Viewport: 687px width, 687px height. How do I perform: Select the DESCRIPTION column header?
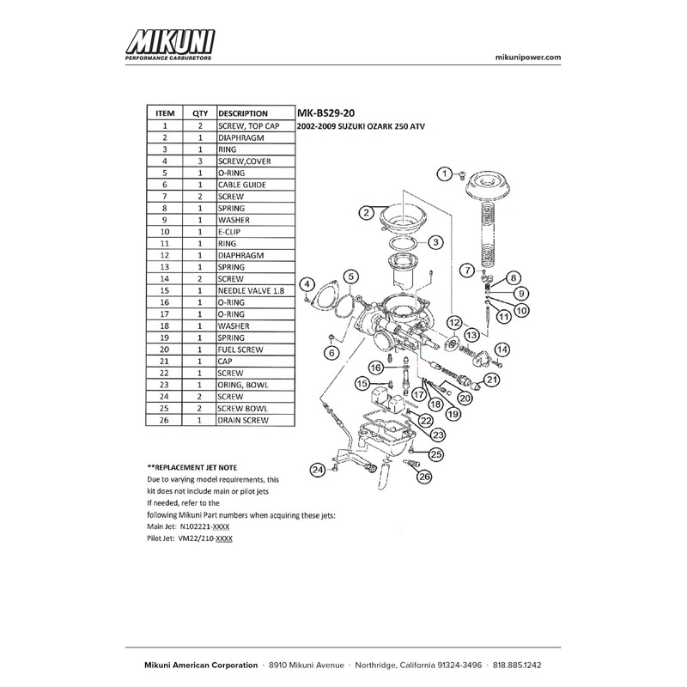click(x=243, y=112)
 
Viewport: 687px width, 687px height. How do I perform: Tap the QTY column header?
click(x=200, y=112)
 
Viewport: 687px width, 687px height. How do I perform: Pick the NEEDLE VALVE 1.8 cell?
click(x=252, y=291)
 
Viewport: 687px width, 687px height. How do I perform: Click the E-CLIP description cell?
click(x=233, y=232)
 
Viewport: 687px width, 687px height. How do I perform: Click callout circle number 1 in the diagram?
click(x=444, y=174)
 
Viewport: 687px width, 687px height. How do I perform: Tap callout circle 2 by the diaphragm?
click(x=366, y=212)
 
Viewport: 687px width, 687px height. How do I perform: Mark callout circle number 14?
click(x=502, y=349)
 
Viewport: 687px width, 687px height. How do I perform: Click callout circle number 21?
click(x=492, y=379)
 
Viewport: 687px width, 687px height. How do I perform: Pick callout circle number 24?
click(x=319, y=470)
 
